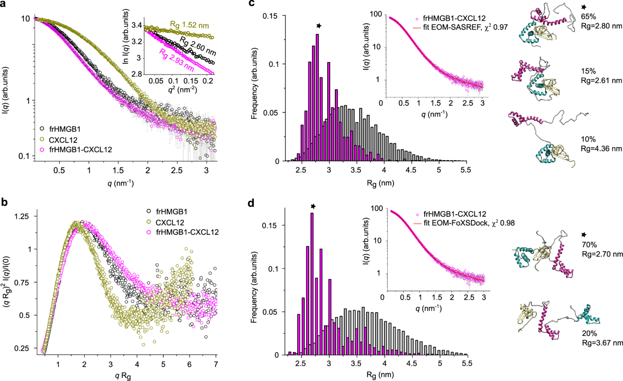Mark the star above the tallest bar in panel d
pos(313,206)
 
